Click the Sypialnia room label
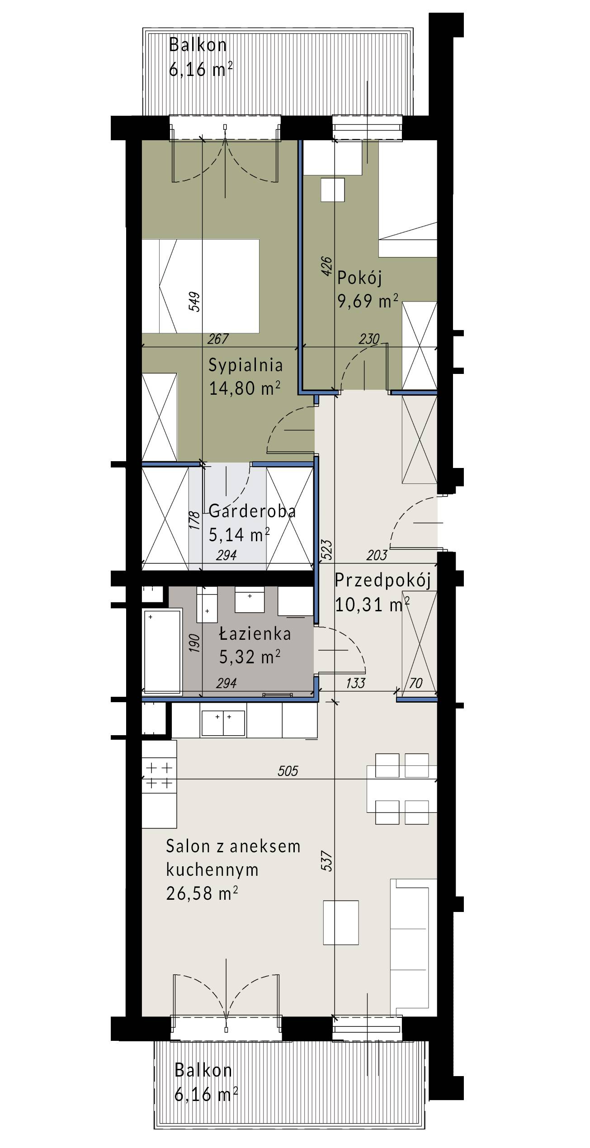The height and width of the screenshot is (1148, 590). [x=245, y=365]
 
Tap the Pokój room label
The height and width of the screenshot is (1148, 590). [x=359, y=278]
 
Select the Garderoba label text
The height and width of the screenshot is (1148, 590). [x=252, y=511]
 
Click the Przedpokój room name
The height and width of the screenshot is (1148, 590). [x=382, y=581]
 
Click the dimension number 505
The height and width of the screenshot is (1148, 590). [x=288, y=770]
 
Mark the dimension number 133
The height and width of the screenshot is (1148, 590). [x=355, y=683]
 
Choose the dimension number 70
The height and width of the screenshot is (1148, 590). [x=415, y=683]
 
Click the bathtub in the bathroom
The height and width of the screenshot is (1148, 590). [x=162, y=651]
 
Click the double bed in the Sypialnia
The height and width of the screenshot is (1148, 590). [x=201, y=286]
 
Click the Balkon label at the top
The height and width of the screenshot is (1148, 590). [x=198, y=45]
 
